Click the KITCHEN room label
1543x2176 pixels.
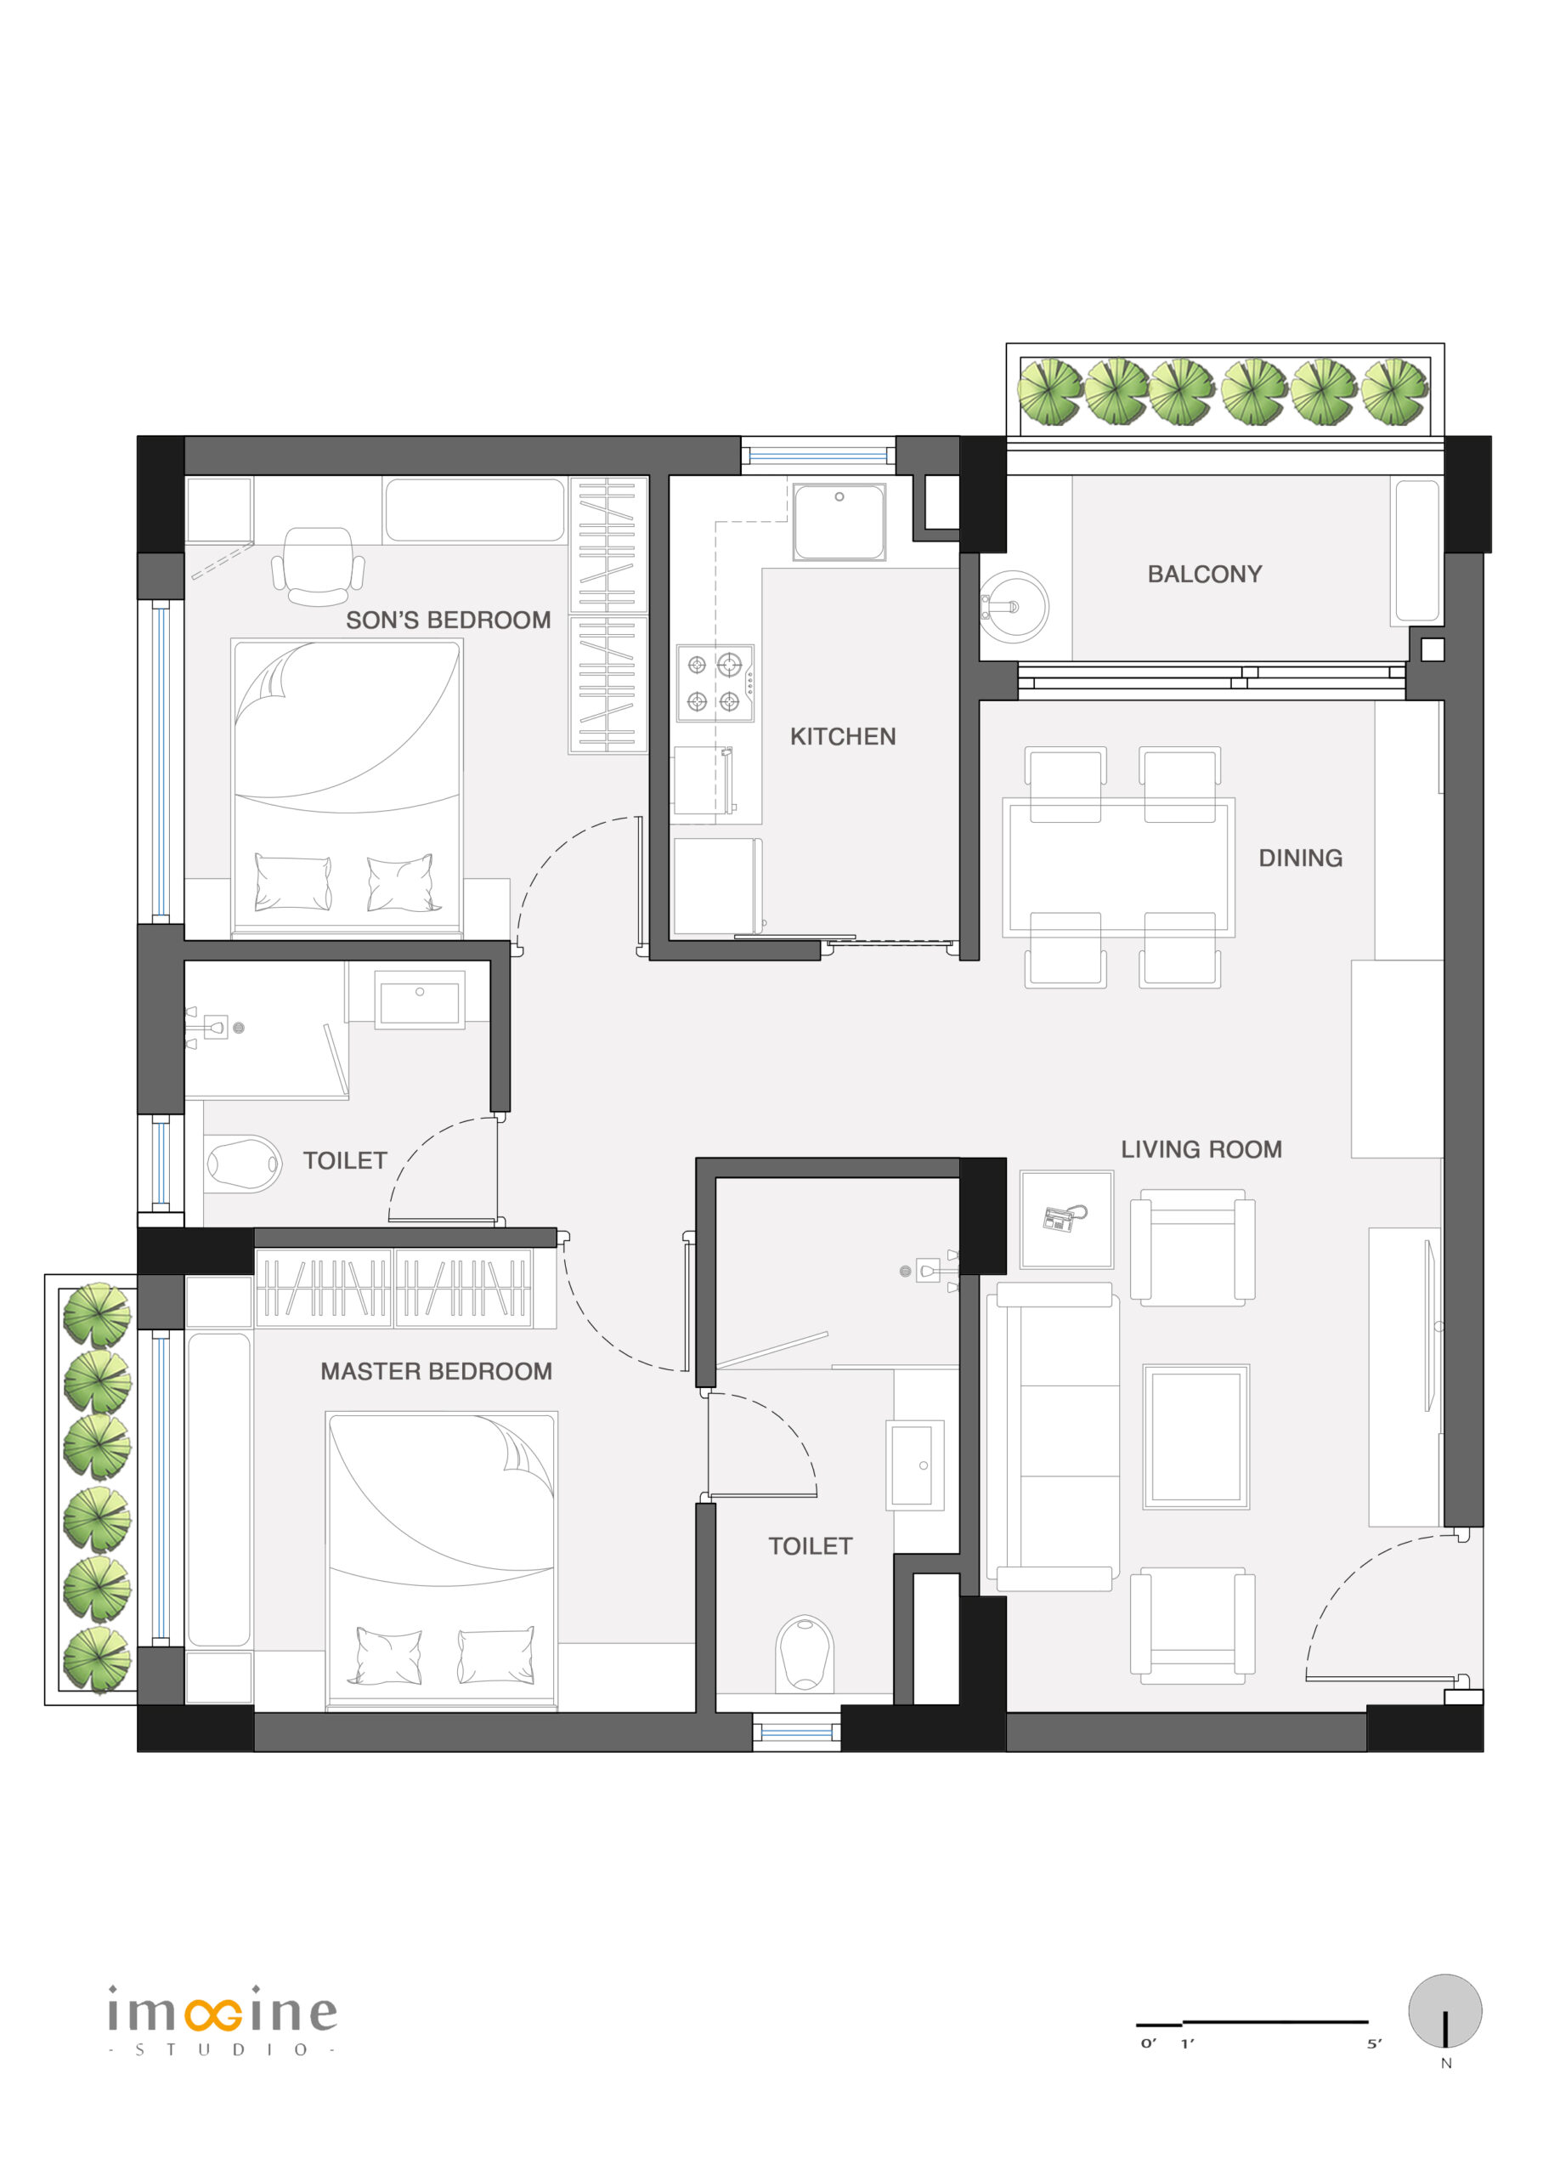tap(843, 736)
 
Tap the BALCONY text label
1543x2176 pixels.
tap(1205, 574)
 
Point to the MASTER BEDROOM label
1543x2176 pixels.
tap(436, 1371)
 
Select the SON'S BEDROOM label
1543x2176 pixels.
tap(449, 620)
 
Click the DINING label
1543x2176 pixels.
tap(1301, 858)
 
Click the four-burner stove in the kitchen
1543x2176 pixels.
tap(715, 683)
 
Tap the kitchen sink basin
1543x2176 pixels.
tap(839, 522)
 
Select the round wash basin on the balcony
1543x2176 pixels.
tap(1014, 606)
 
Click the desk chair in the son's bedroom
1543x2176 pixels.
tap(319, 566)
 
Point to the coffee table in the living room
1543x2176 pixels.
tap(1196, 1437)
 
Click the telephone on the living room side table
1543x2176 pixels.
tap(1064, 1218)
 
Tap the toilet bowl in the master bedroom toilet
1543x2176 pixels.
tap(805, 1654)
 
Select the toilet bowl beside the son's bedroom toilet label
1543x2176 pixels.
tap(243, 1164)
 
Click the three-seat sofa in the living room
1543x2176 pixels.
tap(1053, 1436)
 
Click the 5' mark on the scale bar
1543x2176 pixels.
tap(1375, 2043)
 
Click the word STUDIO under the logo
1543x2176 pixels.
tap(222, 2049)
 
